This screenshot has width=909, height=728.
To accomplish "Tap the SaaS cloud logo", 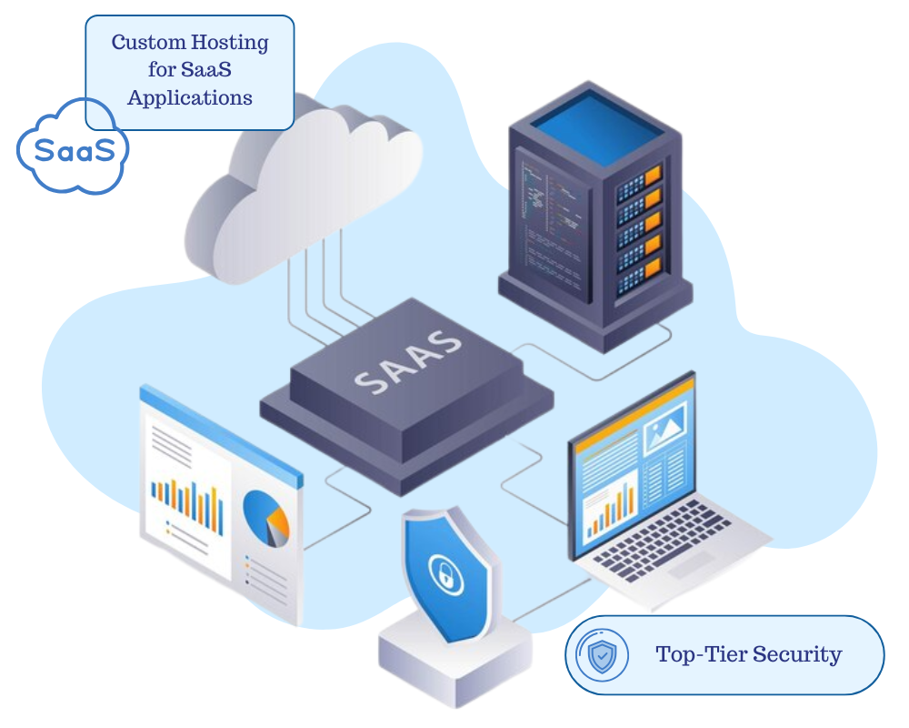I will (74, 148).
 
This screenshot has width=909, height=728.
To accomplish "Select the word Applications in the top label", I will (190, 97).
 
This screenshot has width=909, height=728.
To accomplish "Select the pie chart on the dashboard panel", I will (266, 518).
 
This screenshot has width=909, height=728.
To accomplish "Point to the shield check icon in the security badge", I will (602, 655).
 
